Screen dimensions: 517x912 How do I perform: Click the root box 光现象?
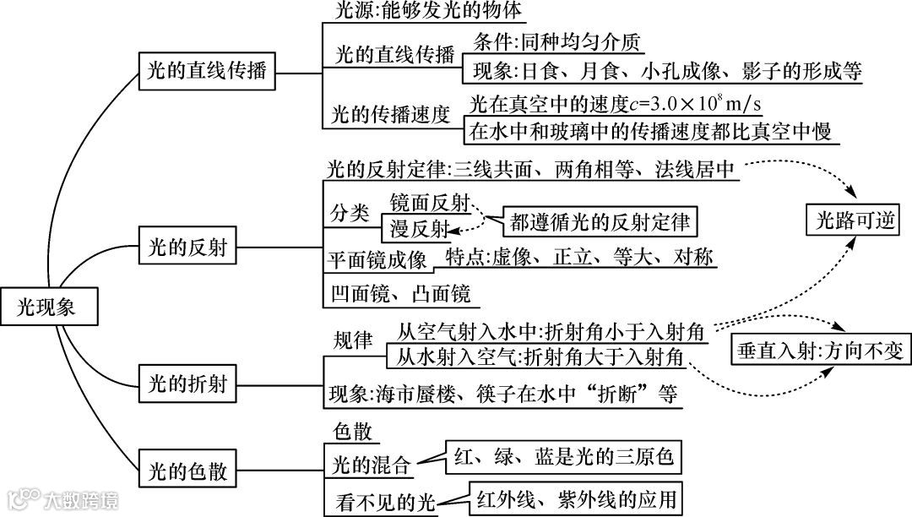point(46,307)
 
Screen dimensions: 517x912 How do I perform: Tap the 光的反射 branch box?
point(187,248)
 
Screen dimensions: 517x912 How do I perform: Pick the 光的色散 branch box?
point(187,469)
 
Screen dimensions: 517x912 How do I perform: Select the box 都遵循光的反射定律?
point(600,222)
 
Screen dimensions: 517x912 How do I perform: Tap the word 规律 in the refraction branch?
point(353,340)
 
